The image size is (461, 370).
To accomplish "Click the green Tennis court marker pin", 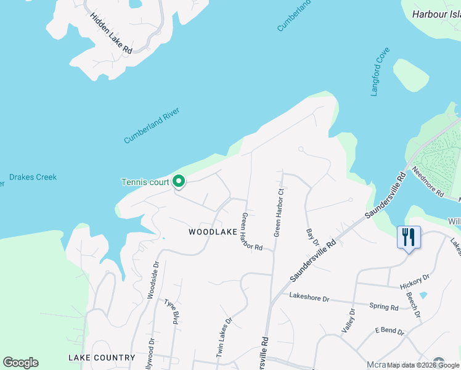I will tap(179, 181).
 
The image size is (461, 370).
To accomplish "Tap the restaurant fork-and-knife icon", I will tap(408, 237).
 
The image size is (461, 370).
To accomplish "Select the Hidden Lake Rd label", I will tap(111, 32).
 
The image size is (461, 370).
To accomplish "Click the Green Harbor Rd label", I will tap(252, 232).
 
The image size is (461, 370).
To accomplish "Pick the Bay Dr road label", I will tap(312, 240).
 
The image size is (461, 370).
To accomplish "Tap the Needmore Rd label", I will tap(427, 182).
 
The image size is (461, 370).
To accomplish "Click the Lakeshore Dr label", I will tap(309, 298).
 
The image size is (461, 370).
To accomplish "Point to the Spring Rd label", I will tap(383, 306).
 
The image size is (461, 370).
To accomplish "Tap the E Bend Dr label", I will tap(389, 332).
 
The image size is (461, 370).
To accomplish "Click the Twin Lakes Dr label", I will tap(224, 337).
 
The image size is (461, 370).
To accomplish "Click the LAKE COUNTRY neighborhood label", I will tap(102, 358).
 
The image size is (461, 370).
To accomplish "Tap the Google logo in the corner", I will tap(20, 363).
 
